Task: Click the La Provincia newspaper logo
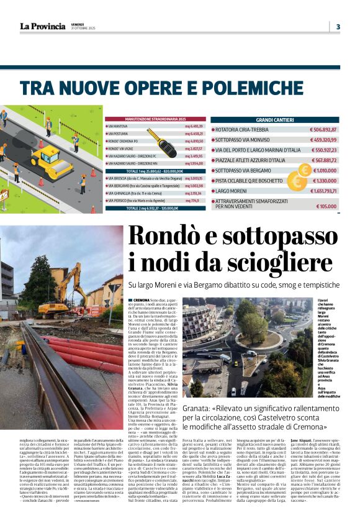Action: point(42,27)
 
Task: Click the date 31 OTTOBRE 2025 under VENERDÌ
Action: point(83,29)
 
